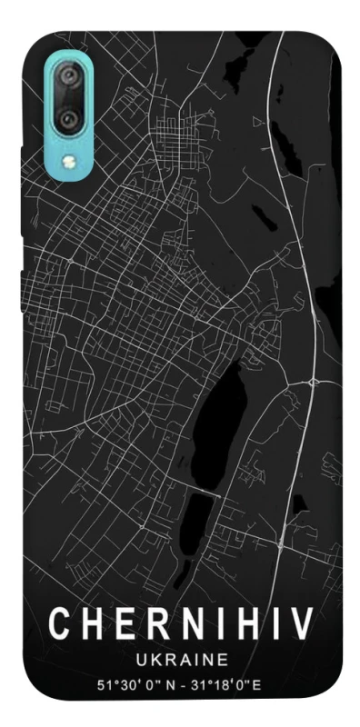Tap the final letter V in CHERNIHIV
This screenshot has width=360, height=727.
(301, 625)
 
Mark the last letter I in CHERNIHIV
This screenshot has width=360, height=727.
(271, 625)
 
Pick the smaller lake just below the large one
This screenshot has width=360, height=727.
(200, 514)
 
